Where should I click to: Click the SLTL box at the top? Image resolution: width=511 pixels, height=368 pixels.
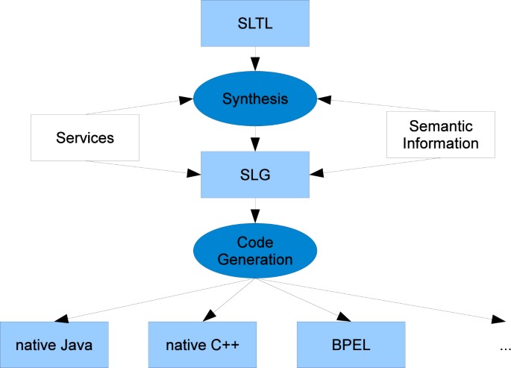pos(255,22)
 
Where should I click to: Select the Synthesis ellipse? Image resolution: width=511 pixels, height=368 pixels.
pos(255,98)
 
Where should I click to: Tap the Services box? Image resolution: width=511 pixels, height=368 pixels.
pos(84,137)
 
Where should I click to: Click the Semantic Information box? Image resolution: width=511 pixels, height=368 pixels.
pos(439,135)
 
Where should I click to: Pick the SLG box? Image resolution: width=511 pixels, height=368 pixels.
pos(255,174)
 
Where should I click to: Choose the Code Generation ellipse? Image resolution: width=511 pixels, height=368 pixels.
pos(255,251)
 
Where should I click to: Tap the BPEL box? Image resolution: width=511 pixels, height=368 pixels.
pos(351,344)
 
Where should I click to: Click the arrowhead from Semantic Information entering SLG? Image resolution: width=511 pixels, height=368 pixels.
pos(316,173)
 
